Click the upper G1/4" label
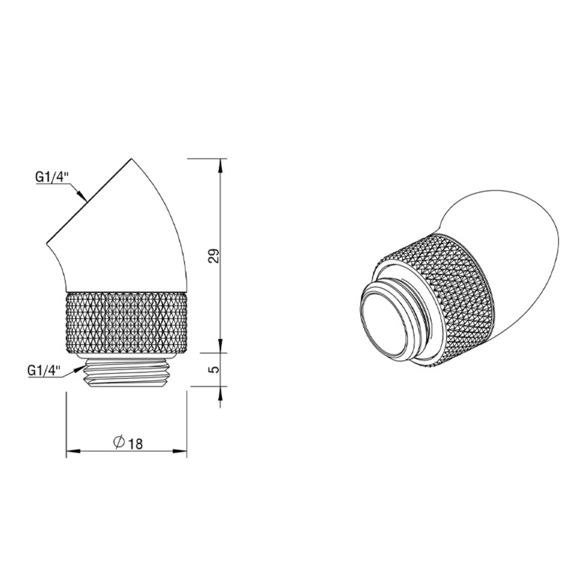52,178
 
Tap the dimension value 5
214,369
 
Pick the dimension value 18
135,444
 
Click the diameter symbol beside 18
119,442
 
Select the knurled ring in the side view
126,323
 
